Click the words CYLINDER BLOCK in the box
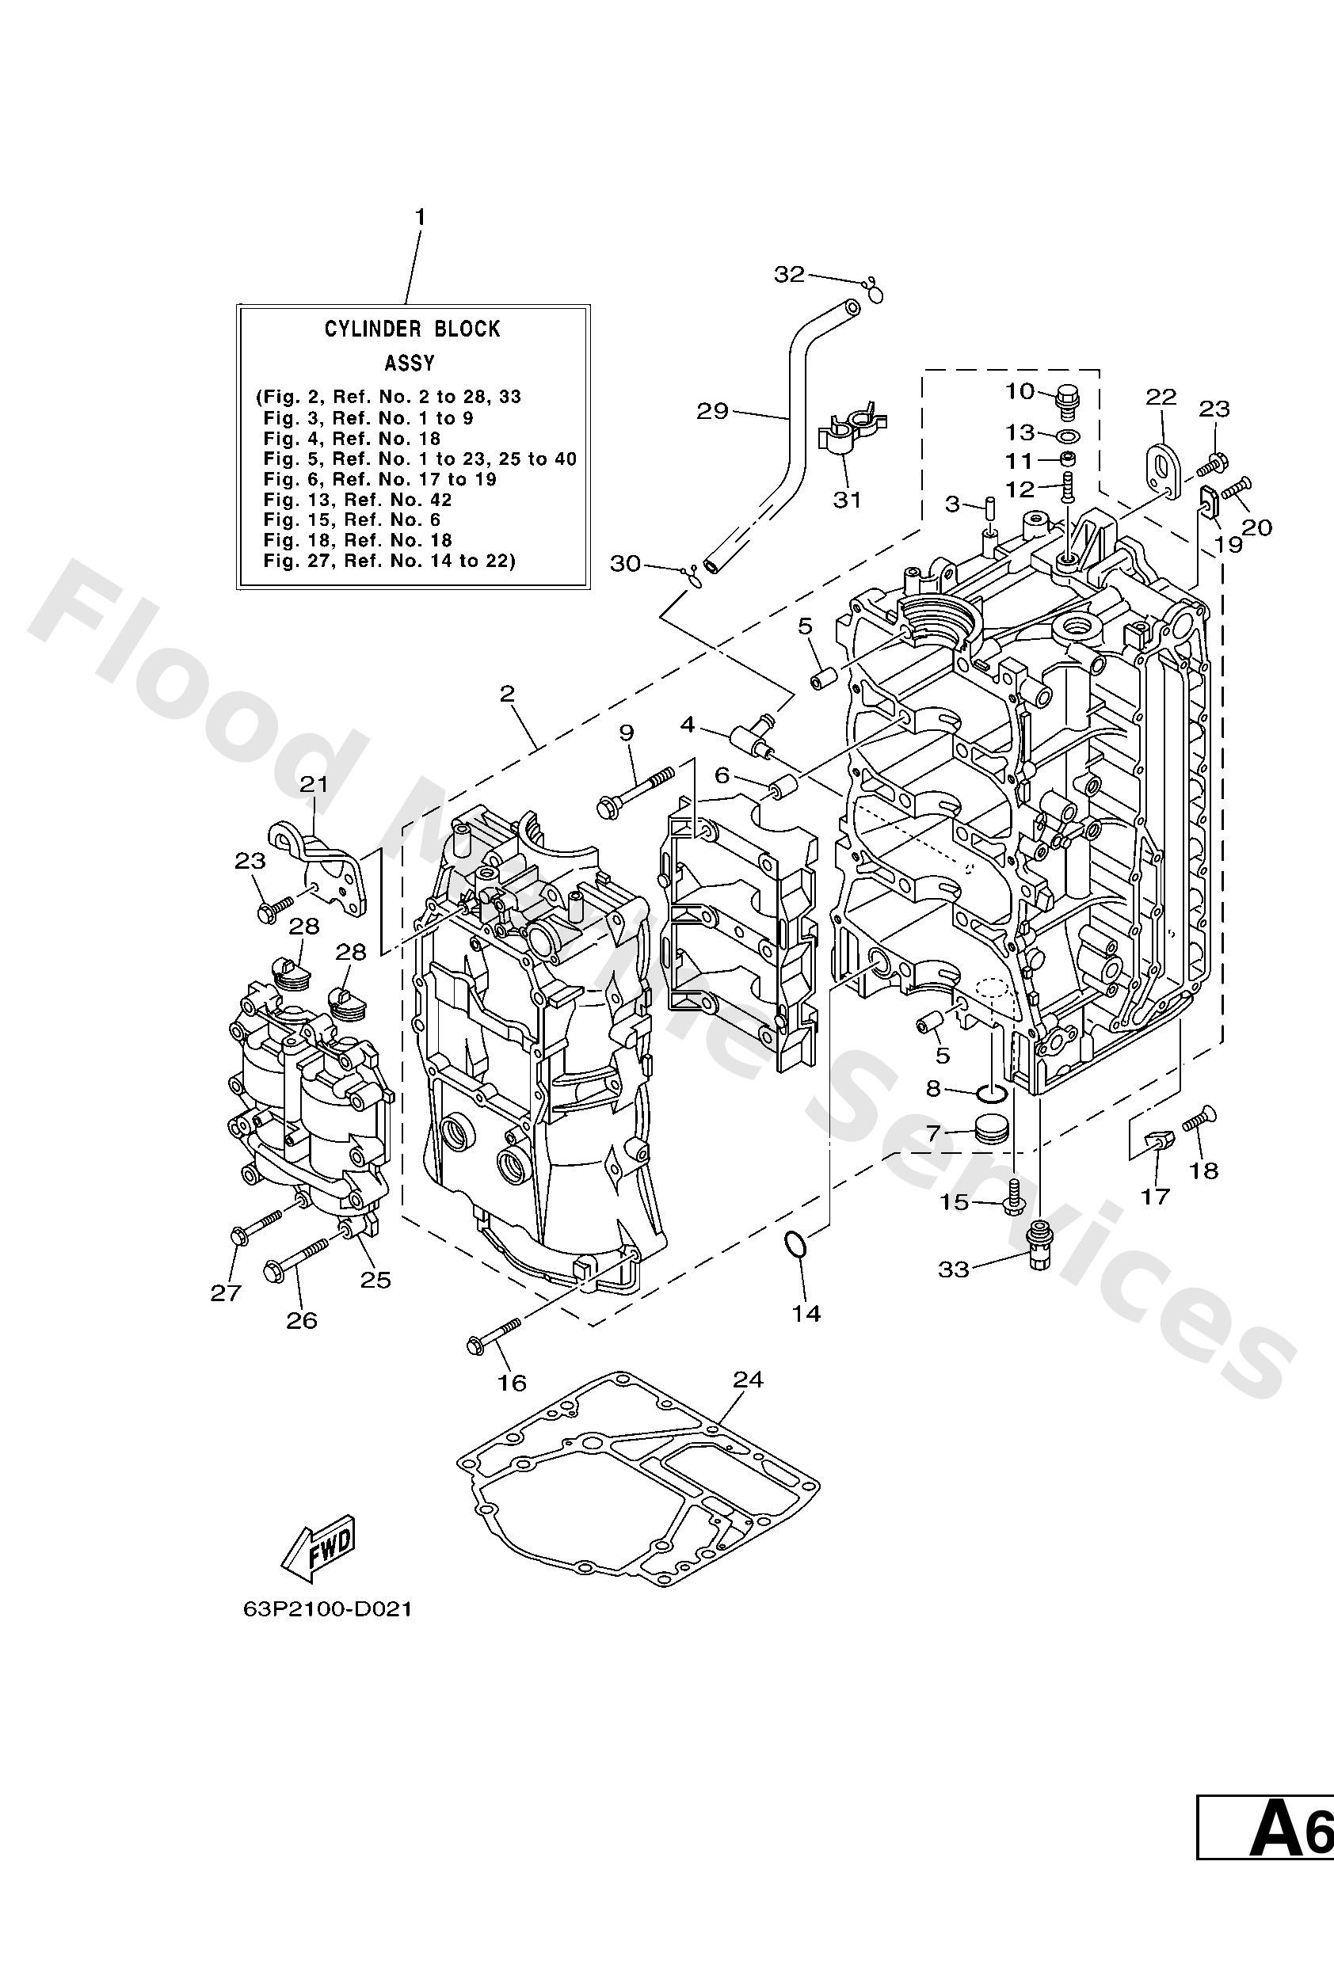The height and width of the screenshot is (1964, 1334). pyautogui.click(x=412, y=329)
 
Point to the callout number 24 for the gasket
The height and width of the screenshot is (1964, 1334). pyautogui.click(x=747, y=1380)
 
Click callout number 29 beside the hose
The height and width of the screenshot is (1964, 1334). pyautogui.click(x=712, y=411)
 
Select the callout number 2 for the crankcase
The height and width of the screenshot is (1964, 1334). pyautogui.click(x=506, y=693)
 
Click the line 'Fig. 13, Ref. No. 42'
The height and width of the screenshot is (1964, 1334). pyautogui.click(x=357, y=500)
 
